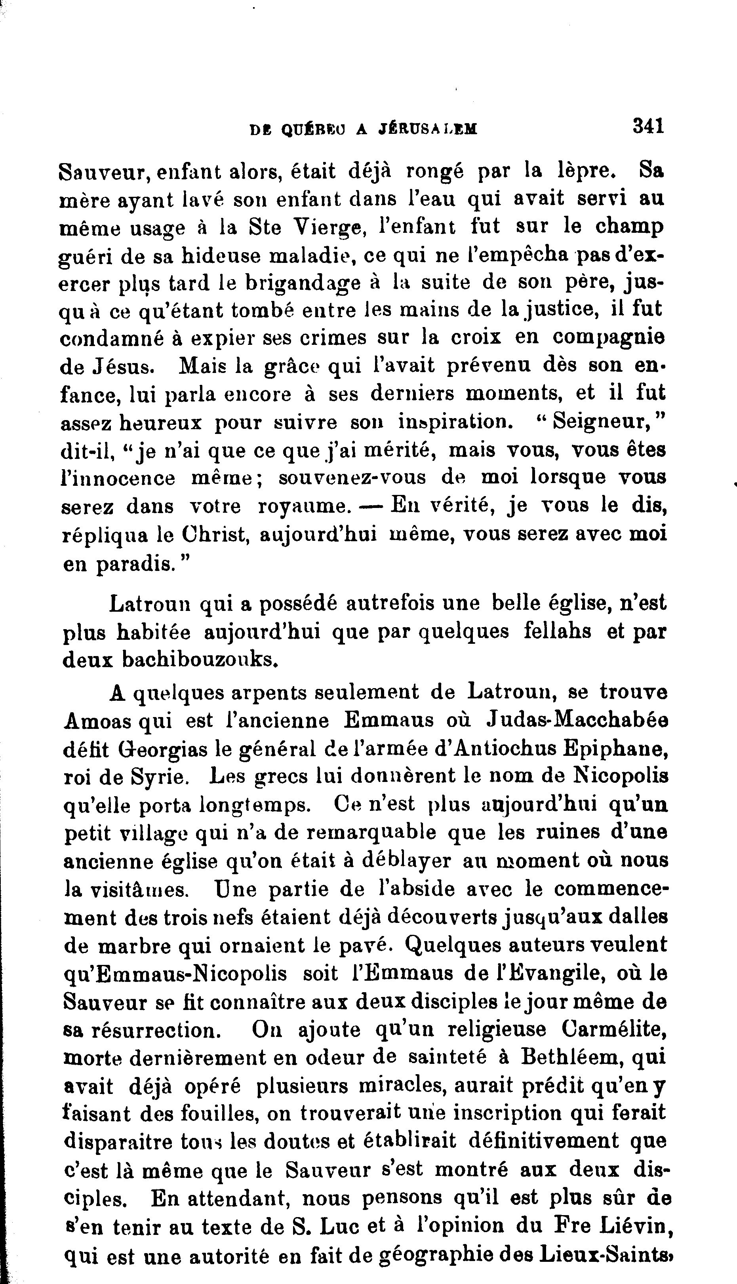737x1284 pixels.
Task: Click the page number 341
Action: pos(648,126)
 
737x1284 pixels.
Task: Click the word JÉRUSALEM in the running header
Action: pos(427,129)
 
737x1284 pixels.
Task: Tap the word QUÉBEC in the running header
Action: pos(313,129)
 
